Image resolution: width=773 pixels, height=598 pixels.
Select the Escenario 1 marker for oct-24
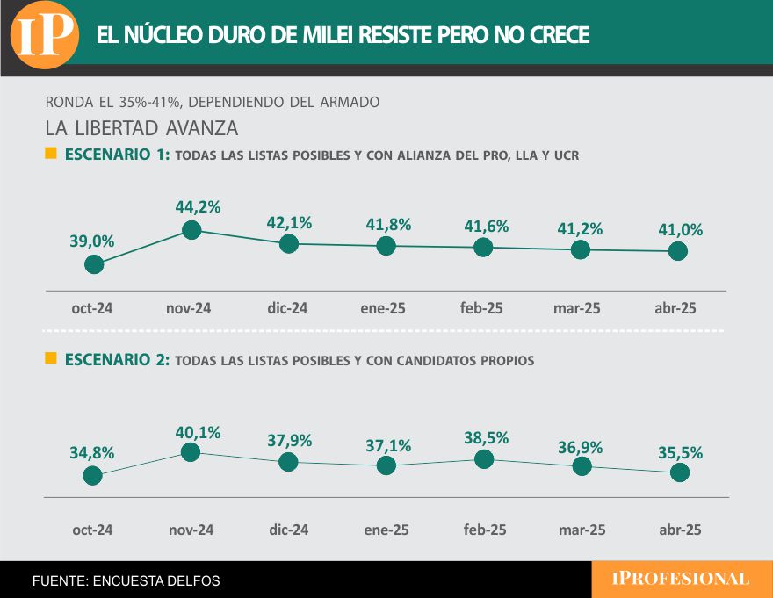[x=94, y=264]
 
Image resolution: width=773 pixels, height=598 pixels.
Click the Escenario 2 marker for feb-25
[x=483, y=458]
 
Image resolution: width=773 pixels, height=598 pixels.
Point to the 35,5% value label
[x=680, y=452]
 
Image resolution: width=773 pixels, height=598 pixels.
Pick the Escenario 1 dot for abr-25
[x=677, y=251]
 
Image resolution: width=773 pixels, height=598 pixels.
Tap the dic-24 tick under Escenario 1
[x=288, y=308]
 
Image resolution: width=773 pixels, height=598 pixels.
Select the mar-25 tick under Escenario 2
[x=582, y=530]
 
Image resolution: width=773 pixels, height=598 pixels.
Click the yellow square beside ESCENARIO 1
[x=51, y=154]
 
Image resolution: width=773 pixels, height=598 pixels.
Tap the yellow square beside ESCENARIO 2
[x=51, y=358]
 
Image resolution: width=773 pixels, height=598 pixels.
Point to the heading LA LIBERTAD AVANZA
[x=141, y=127]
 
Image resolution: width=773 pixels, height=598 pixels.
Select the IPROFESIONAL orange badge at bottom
[x=681, y=580]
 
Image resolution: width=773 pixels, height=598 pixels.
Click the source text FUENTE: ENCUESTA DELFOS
[x=126, y=580]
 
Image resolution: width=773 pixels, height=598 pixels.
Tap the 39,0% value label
[x=92, y=241]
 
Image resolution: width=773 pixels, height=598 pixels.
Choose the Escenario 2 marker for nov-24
[x=191, y=452]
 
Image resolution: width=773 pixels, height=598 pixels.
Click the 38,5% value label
[x=485, y=436]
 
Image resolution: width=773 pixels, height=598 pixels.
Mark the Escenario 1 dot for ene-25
[x=386, y=246]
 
